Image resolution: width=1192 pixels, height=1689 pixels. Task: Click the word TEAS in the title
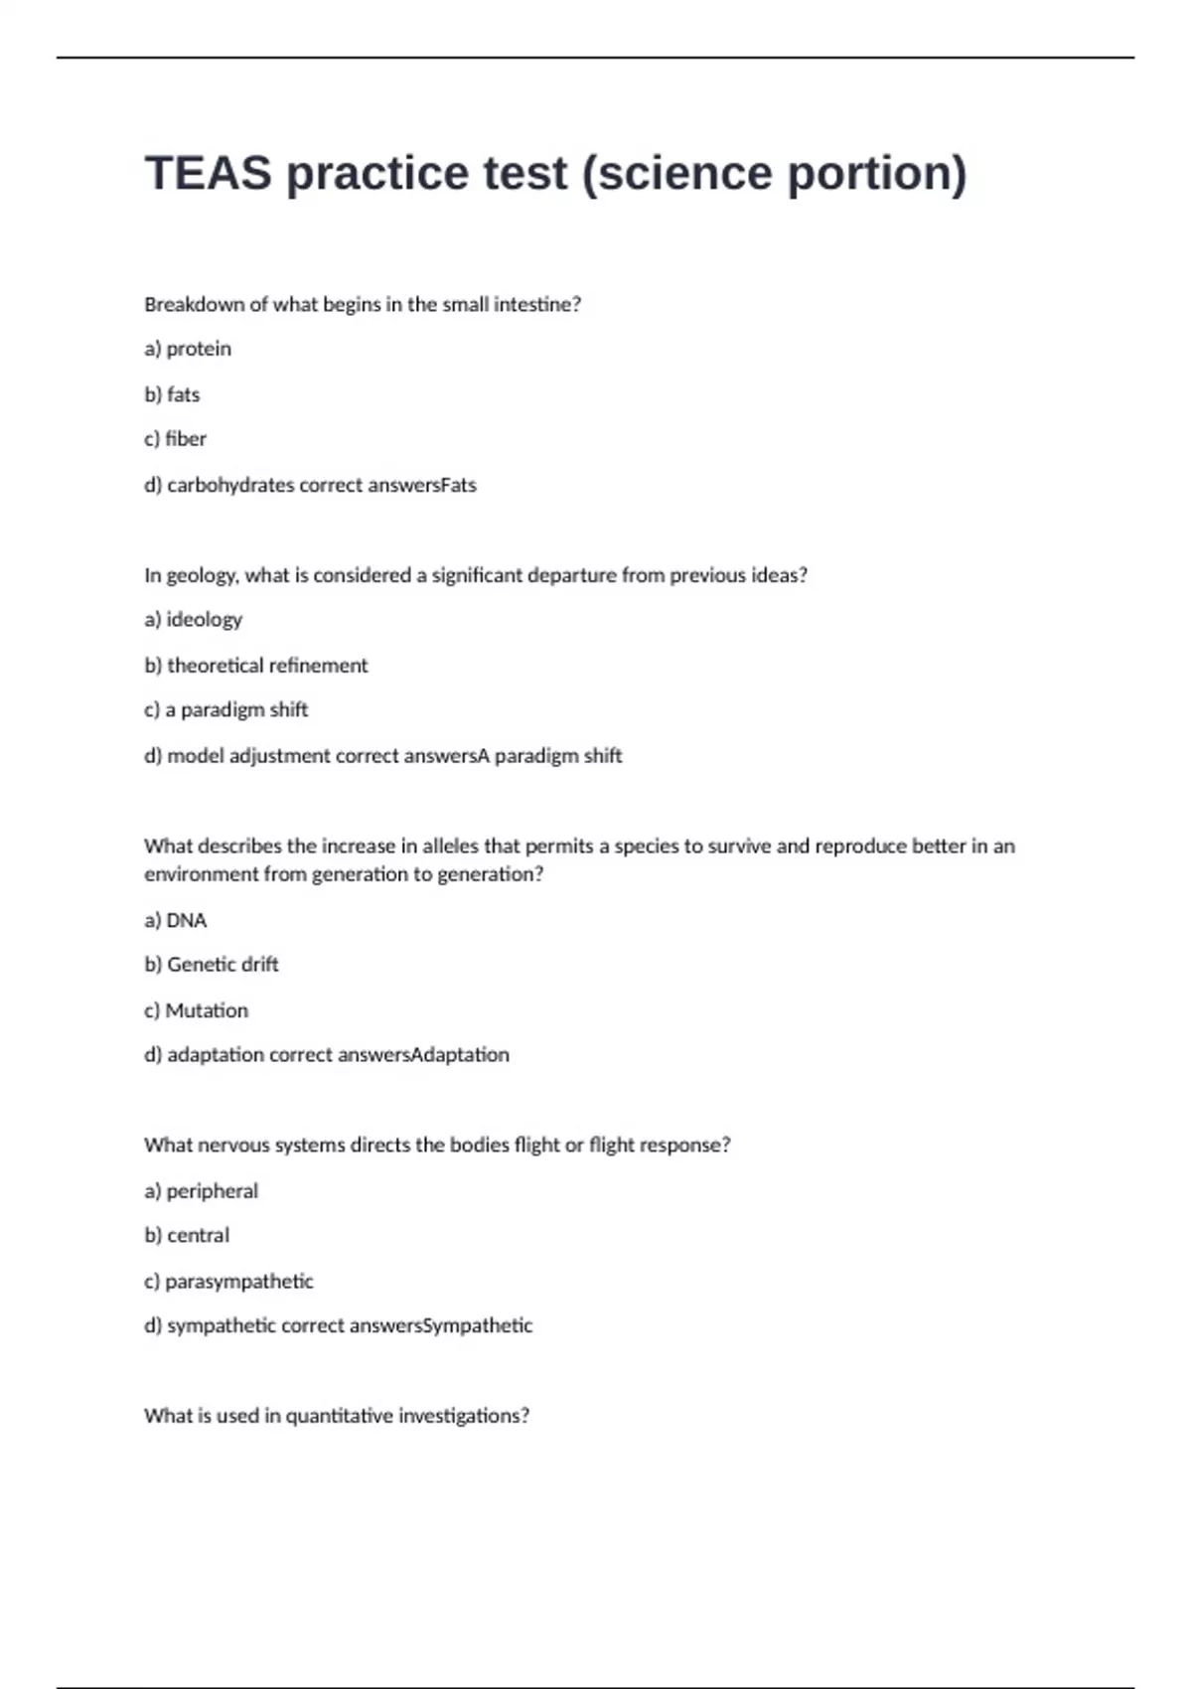pyautogui.click(x=208, y=173)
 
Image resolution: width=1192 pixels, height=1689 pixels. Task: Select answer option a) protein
pyautogui.click(x=188, y=349)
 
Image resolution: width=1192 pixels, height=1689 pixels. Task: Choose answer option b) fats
pyautogui.click(x=172, y=394)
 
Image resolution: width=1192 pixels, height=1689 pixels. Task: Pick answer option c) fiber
pyautogui.click(x=175, y=439)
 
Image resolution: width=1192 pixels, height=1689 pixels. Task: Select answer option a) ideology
pyautogui.click(x=193, y=620)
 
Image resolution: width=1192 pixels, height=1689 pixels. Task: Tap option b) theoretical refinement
pyautogui.click(x=255, y=666)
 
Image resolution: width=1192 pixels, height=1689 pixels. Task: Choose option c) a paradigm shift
pyautogui.click(x=225, y=710)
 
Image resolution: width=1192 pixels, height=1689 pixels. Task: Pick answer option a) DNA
pyautogui.click(x=175, y=921)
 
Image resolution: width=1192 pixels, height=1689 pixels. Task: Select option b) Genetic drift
pyautogui.click(x=211, y=965)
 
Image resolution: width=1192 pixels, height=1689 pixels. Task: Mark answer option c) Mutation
pyautogui.click(x=196, y=1010)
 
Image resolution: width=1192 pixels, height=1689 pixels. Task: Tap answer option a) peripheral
pyautogui.click(x=201, y=1191)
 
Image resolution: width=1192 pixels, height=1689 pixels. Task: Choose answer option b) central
pyautogui.click(x=187, y=1236)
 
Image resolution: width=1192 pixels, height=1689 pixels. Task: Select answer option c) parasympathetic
pyautogui.click(x=228, y=1282)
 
